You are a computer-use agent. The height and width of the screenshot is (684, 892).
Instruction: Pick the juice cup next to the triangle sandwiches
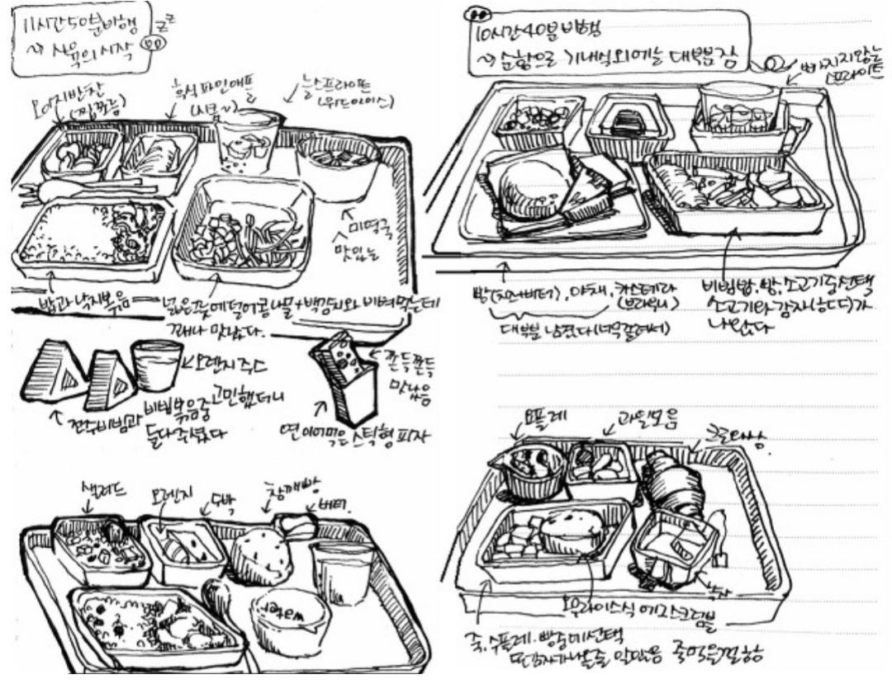click(156, 363)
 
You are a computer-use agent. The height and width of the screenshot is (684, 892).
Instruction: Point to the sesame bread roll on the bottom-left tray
click(260, 554)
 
